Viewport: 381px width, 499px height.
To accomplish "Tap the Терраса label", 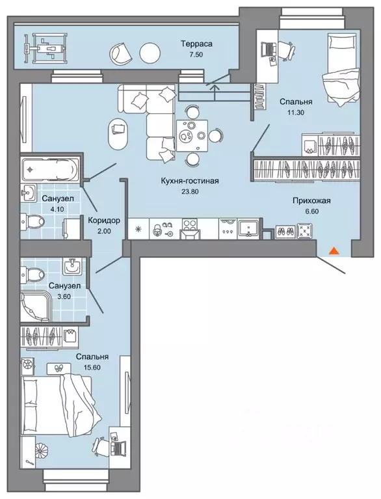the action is tap(196, 44).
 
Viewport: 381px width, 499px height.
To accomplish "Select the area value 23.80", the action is tap(190, 191).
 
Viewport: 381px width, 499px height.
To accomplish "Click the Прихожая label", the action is tap(311, 200).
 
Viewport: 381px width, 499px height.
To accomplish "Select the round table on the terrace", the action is tap(150, 53).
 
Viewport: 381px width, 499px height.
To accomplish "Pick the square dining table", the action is tap(192, 135).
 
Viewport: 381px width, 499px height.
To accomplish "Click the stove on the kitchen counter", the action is tap(191, 228).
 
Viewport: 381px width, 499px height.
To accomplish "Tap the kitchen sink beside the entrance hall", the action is tap(249, 228).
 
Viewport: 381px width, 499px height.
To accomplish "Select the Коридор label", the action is tap(103, 220).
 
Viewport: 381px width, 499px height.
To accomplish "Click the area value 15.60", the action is tap(92, 367).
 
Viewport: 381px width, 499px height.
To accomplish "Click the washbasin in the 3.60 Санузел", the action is tap(73, 265).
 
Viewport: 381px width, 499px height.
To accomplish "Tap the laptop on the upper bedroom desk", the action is tap(269, 49).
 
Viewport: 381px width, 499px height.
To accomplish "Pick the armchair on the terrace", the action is tap(121, 53).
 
